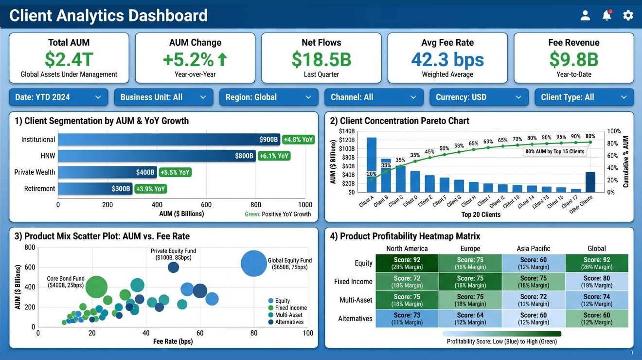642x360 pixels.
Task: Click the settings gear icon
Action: click(x=628, y=16)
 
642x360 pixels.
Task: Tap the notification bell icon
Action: click(x=606, y=16)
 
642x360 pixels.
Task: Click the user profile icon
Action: click(x=585, y=16)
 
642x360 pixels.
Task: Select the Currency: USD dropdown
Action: click(x=479, y=97)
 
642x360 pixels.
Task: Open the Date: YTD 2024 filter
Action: click(x=58, y=97)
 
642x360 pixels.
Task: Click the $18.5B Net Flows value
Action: click(x=321, y=59)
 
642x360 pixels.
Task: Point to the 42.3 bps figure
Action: click(x=447, y=59)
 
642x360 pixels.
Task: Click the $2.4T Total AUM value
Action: click(x=69, y=59)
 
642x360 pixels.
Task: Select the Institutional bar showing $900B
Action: click(x=168, y=140)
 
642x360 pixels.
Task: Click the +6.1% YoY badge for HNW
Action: click(x=274, y=156)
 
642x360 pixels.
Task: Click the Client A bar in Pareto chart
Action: click(x=372, y=165)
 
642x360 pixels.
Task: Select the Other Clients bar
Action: click(x=590, y=182)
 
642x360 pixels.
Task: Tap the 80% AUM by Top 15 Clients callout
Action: click(x=555, y=152)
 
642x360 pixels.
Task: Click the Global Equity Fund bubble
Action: click(x=253, y=263)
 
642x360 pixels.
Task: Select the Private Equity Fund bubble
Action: click(x=173, y=267)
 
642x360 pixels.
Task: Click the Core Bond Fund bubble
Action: click(x=96, y=287)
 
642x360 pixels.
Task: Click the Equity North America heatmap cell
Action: click(x=407, y=263)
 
